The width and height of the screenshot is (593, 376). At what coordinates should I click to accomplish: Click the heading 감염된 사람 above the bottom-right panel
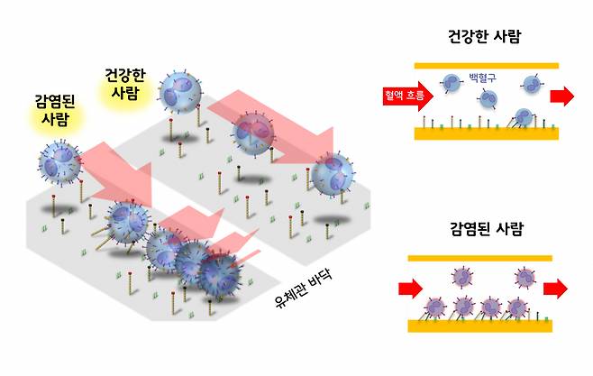486,228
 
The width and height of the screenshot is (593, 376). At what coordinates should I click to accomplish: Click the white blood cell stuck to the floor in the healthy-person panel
520,116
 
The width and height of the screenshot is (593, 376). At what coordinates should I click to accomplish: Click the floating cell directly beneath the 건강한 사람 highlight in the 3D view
180,93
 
